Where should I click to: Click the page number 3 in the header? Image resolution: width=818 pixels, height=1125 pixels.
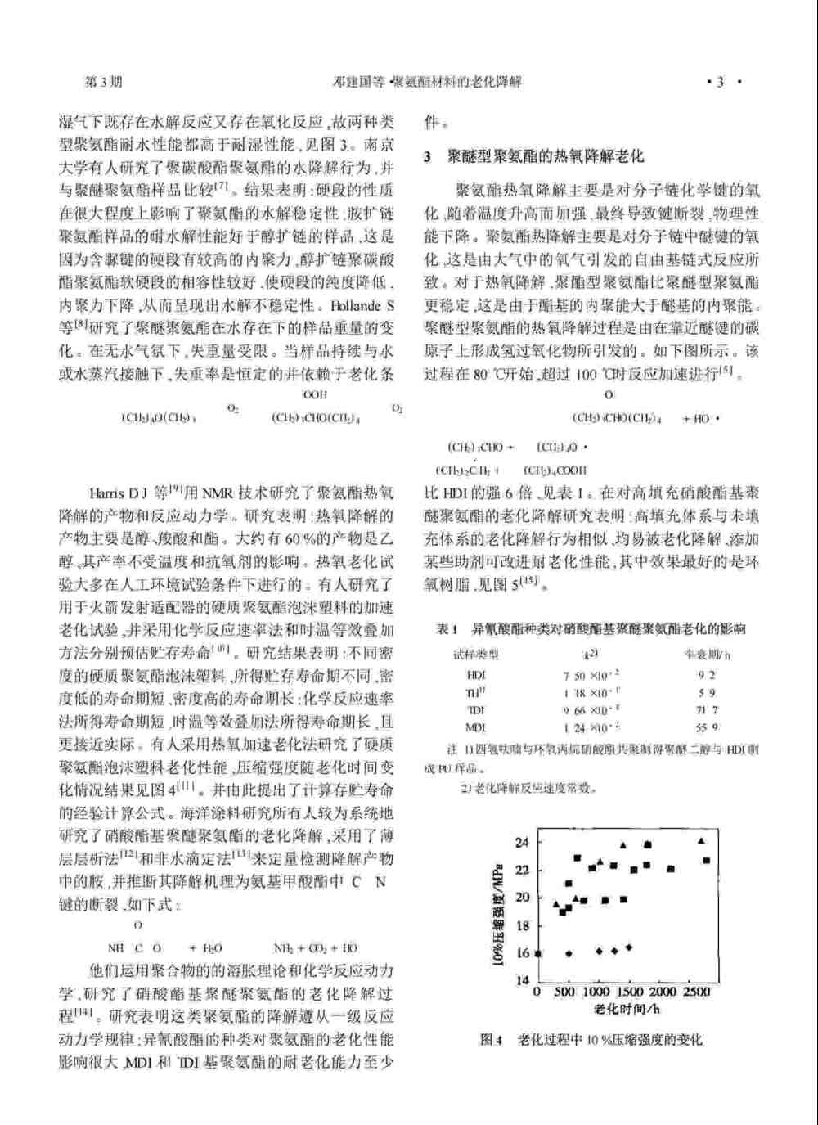pyautogui.click(x=720, y=82)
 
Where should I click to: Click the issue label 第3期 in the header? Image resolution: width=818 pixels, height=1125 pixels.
pyautogui.click(x=104, y=82)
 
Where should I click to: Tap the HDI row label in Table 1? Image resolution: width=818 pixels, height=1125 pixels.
pyautogui.click(x=476, y=675)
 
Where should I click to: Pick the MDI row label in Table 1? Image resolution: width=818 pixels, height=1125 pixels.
pyautogui.click(x=476, y=727)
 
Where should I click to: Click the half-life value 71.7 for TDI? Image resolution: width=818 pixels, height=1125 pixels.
pyautogui.click(x=707, y=710)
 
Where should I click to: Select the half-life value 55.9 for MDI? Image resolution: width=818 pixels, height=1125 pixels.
pyautogui.click(x=707, y=727)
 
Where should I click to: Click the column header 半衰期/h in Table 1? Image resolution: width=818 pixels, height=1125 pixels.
pyautogui.click(x=708, y=655)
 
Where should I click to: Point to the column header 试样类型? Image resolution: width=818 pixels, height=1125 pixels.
pyautogui.click(x=476, y=655)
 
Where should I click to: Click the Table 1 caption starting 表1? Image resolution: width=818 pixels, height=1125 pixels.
pyautogui.click(x=591, y=629)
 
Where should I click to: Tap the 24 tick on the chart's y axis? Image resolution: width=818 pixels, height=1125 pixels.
pyautogui.click(x=522, y=842)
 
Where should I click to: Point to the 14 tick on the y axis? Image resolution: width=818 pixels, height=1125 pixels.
pyautogui.click(x=522, y=980)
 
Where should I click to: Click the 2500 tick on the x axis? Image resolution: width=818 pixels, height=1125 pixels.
pyautogui.click(x=696, y=992)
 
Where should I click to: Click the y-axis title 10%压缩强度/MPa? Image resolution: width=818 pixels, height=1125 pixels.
pyautogui.click(x=497, y=908)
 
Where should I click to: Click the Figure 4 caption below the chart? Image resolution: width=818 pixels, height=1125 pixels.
pyautogui.click(x=591, y=1040)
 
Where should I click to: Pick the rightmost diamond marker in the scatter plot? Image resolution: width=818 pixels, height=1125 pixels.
pyautogui.click(x=629, y=947)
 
